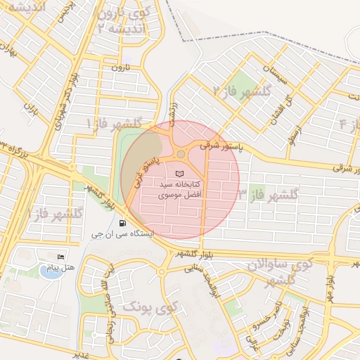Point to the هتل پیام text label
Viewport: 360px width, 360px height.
pos(59,269)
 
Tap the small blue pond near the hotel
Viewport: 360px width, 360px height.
pos(49,271)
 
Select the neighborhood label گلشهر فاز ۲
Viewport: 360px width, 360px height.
pos(238,91)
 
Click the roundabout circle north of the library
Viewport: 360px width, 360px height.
pos(181,153)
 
